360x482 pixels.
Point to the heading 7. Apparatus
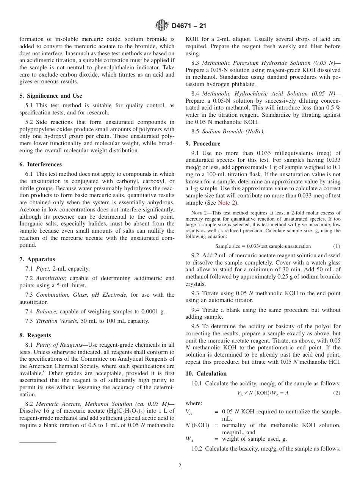pos(37,259)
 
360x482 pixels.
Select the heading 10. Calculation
pos(206,374)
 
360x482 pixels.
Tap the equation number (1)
pos(337,246)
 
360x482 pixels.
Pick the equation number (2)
pos(337,393)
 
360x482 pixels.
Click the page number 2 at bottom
pos(180,466)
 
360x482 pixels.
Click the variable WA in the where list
pos(189,439)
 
